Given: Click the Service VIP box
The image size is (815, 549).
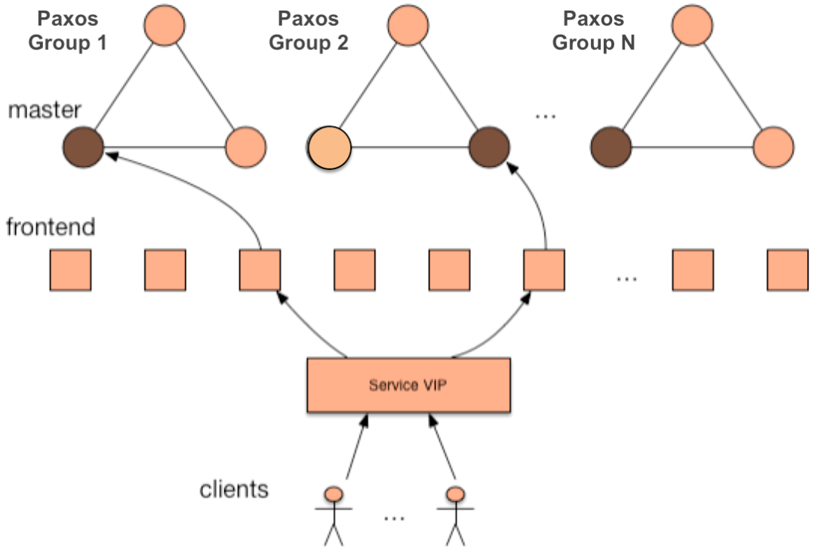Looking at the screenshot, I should tap(408, 384).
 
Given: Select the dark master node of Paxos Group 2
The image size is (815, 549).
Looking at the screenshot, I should tap(488, 147).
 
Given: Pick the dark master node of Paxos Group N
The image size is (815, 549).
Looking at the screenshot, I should tap(611, 147).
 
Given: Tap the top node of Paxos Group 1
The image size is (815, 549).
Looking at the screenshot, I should tap(164, 24).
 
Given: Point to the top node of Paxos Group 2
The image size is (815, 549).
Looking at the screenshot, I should tap(408, 24).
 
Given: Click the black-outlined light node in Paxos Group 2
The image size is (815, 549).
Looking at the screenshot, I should tap(330, 147).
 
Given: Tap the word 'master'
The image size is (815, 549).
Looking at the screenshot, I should tap(45, 111).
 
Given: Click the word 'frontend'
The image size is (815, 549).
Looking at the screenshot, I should tap(51, 227).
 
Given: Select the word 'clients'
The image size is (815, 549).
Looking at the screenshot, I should tap(234, 489).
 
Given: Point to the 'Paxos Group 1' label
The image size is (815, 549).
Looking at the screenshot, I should tap(67, 30).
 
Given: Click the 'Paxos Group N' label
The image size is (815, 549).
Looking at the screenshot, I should tap(594, 30).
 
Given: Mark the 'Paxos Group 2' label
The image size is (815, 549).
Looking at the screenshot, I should tap(309, 30).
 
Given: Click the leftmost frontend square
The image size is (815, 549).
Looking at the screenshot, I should tap(70, 270).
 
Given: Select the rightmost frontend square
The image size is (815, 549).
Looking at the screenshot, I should tap(788, 270).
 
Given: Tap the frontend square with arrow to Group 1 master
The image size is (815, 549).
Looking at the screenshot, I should tap(260, 270).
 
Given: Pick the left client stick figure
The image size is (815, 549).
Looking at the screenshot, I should tap(334, 514).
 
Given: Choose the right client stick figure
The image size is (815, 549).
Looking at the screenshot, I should tap(455, 514).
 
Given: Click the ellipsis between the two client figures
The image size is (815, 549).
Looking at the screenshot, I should tap(394, 518).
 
